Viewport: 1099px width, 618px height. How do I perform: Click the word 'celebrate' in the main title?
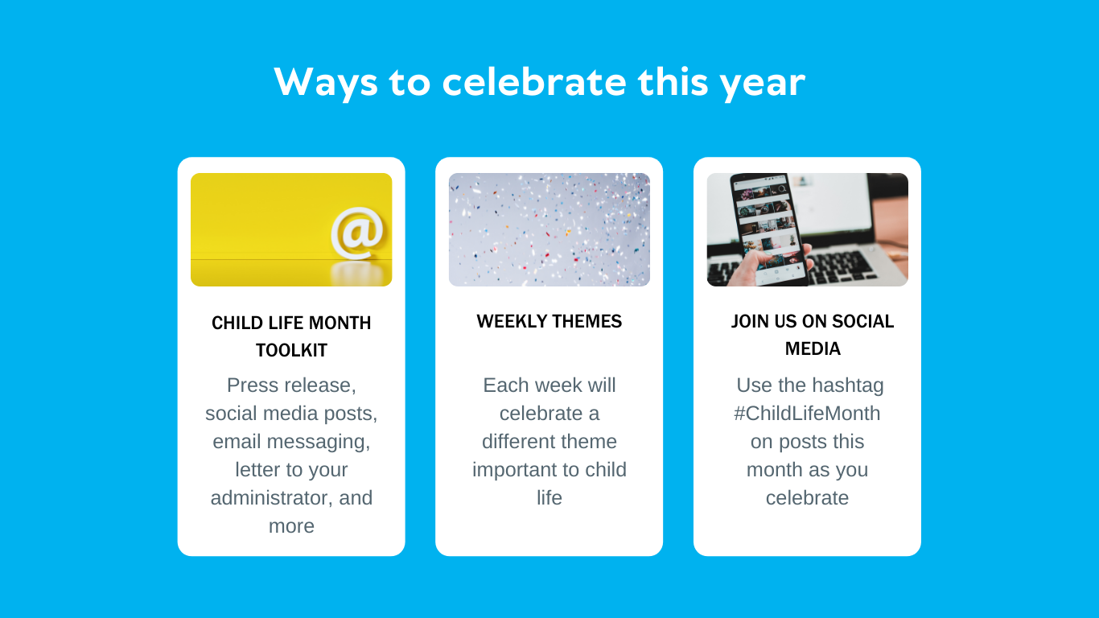pos(534,81)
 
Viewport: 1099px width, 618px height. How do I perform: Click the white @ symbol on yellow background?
pos(358,233)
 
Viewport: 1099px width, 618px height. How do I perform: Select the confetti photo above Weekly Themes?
pos(549,229)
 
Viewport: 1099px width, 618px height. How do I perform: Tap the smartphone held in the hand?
pos(767,229)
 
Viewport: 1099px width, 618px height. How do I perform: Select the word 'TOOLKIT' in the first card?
pos(291,351)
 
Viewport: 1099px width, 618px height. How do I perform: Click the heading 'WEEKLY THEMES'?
pos(549,322)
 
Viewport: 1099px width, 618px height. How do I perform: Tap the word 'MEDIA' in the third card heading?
pos(813,349)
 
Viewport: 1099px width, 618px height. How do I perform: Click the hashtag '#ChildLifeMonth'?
pos(807,414)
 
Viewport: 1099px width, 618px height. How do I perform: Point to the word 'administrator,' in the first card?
pos(272,498)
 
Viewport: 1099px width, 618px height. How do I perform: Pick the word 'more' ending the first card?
pos(291,526)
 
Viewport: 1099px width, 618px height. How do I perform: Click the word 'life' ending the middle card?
pos(549,498)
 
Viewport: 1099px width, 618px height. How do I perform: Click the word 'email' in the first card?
pos(237,441)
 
